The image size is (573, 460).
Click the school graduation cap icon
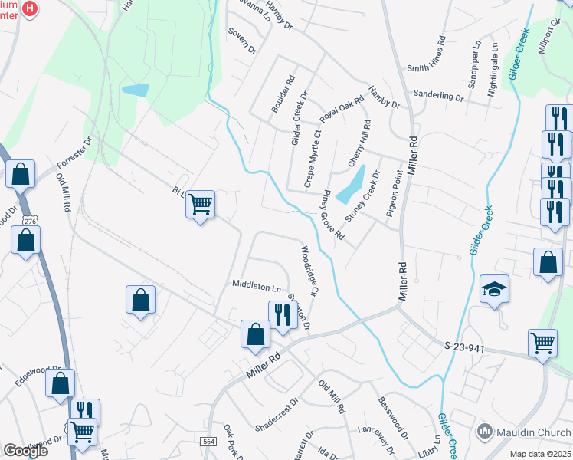[x=495, y=290]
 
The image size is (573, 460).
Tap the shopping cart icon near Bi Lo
[x=201, y=205]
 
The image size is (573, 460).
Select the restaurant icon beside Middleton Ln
[x=283, y=314]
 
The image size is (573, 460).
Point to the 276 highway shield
[x=29, y=221]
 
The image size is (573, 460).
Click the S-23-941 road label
[x=465, y=347]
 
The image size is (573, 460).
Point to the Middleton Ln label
[x=256, y=287]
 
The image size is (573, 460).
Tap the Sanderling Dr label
[x=437, y=97]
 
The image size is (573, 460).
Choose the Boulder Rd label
[x=283, y=94]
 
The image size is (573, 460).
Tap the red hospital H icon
[x=30, y=9]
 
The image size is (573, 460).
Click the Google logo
[x=25, y=451]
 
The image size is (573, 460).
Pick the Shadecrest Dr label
[x=276, y=415]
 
